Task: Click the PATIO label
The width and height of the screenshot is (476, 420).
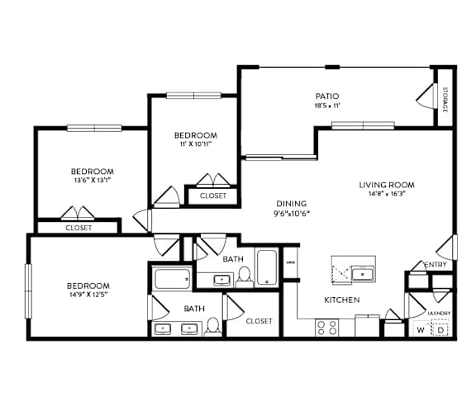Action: [x=327, y=96]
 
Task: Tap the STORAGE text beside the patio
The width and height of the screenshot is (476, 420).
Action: [x=444, y=99]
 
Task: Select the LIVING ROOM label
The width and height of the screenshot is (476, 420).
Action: [x=386, y=185]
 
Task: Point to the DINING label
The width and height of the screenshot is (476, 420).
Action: [x=291, y=204]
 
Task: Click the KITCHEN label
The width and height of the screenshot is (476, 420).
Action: [x=341, y=300]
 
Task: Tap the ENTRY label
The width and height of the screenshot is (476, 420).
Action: [x=436, y=265]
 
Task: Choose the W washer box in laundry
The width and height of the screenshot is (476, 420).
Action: [x=421, y=330]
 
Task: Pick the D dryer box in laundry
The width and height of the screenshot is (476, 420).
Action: [x=441, y=330]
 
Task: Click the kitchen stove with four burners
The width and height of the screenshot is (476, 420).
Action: [x=326, y=328]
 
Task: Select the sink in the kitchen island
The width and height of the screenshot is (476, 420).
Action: [x=362, y=274]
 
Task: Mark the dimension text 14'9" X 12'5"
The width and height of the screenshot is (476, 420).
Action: [x=88, y=295]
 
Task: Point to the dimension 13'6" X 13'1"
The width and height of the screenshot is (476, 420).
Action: [x=92, y=181]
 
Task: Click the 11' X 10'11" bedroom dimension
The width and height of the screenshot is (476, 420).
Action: [x=195, y=144]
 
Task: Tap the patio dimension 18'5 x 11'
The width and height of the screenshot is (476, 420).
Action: [x=327, y=106]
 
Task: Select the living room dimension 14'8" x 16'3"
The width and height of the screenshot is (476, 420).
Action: [x=386, y=195]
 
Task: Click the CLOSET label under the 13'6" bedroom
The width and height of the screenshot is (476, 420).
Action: [x=79, y=228]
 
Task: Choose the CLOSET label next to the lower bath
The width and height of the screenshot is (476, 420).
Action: [x=259, y=321]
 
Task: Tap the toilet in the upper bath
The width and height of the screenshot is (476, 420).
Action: [x=244, y=277]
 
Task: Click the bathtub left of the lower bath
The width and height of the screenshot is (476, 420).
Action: [x=172, y=278]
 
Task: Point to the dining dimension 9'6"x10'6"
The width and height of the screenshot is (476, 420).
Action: [x=291, y=214]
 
